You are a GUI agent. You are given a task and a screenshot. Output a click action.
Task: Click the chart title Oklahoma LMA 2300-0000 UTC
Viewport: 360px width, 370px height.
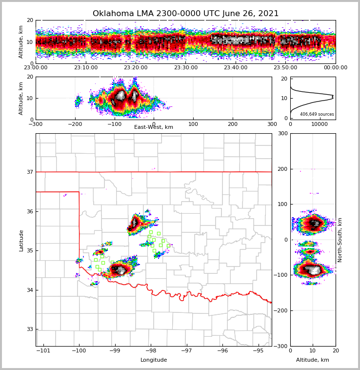tap(185, 14)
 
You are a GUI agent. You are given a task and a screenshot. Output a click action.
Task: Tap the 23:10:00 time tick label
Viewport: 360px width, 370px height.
tap(85, 68)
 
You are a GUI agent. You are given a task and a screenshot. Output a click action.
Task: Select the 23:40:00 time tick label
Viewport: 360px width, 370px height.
tap(235, 68)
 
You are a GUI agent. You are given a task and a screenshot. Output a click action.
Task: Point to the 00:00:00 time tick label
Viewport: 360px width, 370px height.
tap(335, 68)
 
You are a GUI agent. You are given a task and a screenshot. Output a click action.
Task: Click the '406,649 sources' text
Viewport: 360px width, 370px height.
tap(317, 114)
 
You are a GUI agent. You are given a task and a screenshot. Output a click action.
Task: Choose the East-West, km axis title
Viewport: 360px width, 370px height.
tap(154, 127)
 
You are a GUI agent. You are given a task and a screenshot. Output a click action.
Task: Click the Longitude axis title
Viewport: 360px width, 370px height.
tap(154, 360)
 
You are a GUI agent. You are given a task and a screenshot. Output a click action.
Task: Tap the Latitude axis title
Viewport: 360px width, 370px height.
tap(21, 240)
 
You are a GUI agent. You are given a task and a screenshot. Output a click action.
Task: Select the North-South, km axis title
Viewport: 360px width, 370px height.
tap(340, 240)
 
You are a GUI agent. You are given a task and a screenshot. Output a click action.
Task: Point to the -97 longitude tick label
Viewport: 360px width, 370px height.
tap(186, 351)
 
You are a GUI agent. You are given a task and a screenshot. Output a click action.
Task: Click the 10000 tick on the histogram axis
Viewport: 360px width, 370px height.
tap(320, 124)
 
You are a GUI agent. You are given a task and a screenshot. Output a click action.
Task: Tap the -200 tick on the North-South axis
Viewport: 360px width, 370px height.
tap(281, 310)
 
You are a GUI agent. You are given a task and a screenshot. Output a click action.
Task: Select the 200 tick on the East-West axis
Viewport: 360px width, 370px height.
tap(233, 124)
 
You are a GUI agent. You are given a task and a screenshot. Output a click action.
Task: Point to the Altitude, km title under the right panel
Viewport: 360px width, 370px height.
tap(313, 360)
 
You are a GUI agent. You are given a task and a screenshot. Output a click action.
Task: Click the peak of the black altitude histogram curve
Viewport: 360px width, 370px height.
tap(333, 97)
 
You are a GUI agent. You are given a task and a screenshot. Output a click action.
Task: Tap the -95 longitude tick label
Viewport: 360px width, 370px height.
tap(258, 351)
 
